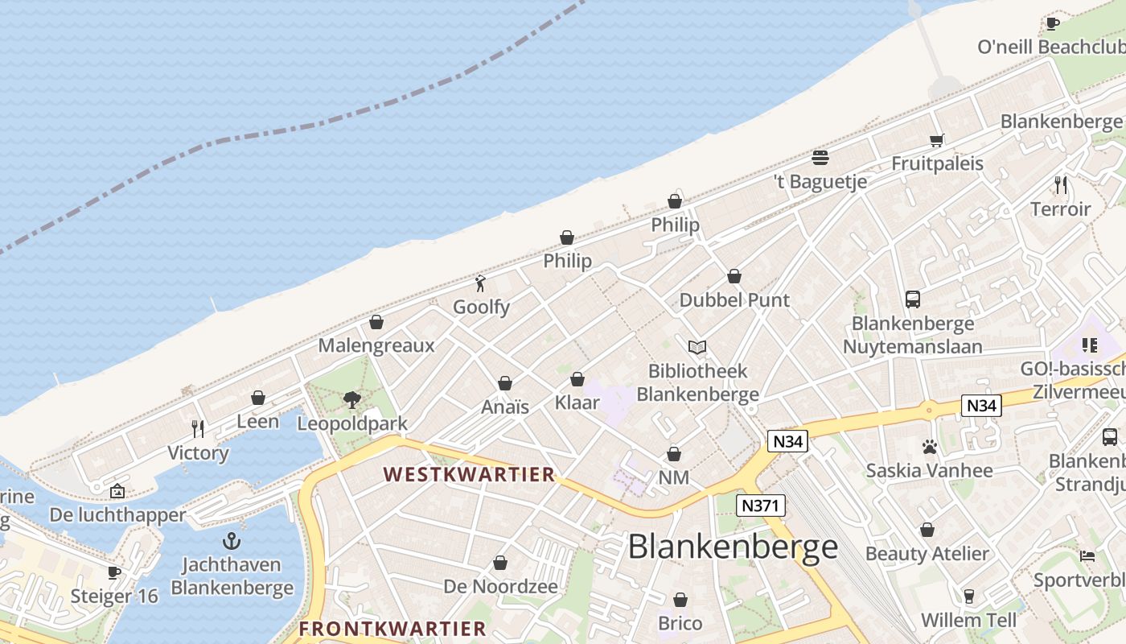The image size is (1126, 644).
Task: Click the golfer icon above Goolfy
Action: click(481, 283)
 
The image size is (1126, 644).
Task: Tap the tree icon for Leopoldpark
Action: click(351, 399)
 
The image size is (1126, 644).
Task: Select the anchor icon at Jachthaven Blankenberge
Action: click(232, 541)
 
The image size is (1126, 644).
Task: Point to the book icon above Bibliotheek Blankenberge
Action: click(697, 348)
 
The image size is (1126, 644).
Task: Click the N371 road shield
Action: click(760, 506)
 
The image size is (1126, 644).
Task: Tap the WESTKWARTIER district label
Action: click(469, 474)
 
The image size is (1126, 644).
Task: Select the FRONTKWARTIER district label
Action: click(392, 629)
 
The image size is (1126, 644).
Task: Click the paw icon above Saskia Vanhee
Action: click(930, 447)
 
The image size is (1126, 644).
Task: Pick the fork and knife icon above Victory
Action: click(198, 428)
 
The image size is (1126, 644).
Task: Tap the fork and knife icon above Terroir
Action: click(1061, 185)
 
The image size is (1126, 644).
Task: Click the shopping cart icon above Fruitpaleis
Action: click(937, 141)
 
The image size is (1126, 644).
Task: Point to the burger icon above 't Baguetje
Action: click(820, 157)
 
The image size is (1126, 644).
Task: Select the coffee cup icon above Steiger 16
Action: click(114, 572)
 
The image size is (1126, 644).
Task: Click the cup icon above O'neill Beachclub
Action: click(1052, 23)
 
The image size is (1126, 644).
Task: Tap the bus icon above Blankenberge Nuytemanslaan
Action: click(913, 299)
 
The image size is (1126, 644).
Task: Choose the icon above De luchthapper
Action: click(117, 490)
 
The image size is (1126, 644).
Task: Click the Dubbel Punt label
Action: click(734, 300)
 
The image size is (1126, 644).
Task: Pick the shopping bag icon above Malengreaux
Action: click(376, 322)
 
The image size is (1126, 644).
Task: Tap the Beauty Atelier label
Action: click(927, 554)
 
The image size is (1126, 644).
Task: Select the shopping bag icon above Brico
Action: click(680, 600)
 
